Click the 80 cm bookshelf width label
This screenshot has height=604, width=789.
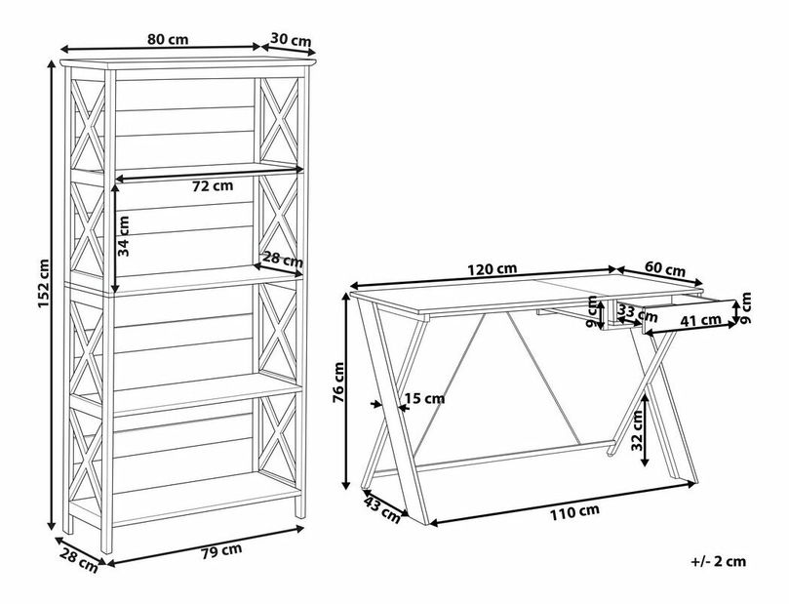pyautogui.click(x=168, y=39)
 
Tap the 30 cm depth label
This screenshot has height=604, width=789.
pyautogui.click(x=292, y=39)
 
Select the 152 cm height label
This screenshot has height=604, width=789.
pyautogui.click(x=43, y=283)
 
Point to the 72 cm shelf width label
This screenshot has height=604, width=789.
pyautogui.click(x=213, y=185)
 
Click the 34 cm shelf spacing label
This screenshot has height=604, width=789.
pyautogui.click(x=123, y=236)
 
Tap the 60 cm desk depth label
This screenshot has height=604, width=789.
pyautogui.click(x=665, y=269)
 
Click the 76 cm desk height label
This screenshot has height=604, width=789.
pyautogui.click(x=338, y=383)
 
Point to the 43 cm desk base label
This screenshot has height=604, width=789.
pyautogui.click(x=382, y=509)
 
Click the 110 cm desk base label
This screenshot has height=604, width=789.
pyautogui.click(x=574, y=512)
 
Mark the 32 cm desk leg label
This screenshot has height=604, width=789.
pyautogui.click(x=637, y=430)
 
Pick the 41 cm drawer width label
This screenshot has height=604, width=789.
pyautogui.click(x=701, y=320)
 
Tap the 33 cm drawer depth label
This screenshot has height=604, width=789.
pyautogui.click(x=637, y=313)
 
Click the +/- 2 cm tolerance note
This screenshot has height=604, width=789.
pyautogui.click(x=719, y=561)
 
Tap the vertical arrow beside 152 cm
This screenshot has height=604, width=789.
pyautogui.click(x=51, y=296)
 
